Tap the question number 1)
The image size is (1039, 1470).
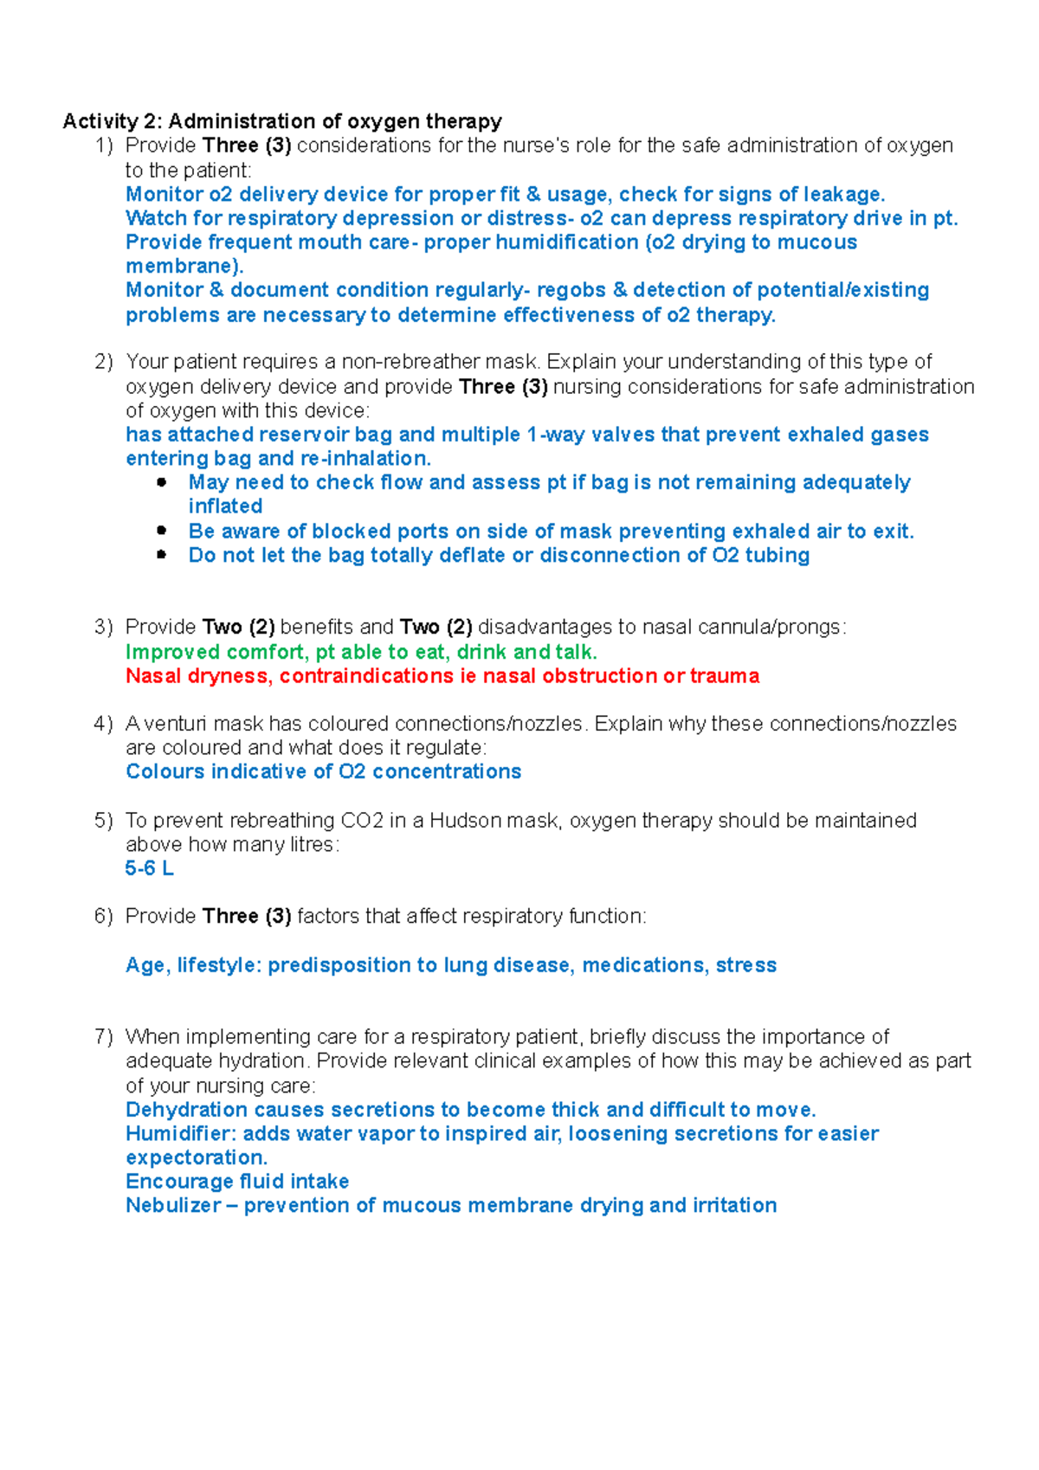[x=104, y=145]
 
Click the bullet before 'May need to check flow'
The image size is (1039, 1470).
[x=162, y=483]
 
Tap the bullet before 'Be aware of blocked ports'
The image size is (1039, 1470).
[x=162, y=531]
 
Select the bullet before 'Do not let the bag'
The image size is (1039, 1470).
[x=162, y=555]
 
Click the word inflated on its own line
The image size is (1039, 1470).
[x=225, y=506]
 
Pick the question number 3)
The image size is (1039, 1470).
[x=104, y=627]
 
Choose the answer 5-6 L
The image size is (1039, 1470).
[x=149, y=868]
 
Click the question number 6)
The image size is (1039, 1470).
[x=104, y=917]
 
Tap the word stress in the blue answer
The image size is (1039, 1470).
[x=745, y=965]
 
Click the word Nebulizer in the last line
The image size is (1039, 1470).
[x=172, y=1206]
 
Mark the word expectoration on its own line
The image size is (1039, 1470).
[x=197, y=1158]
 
